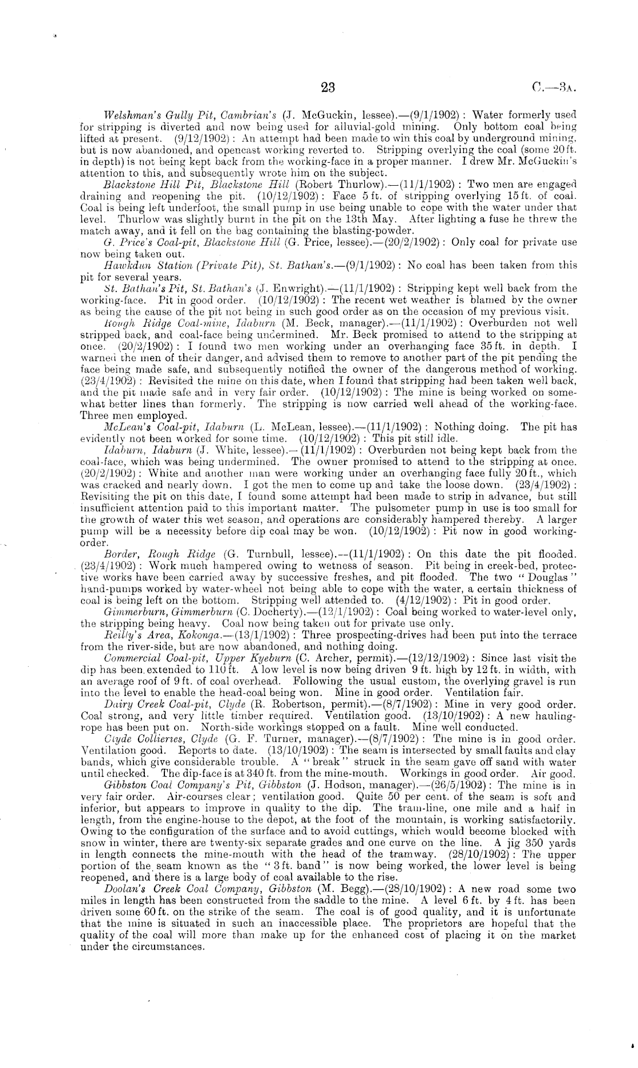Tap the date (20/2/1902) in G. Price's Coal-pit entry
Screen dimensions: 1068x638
412,242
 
